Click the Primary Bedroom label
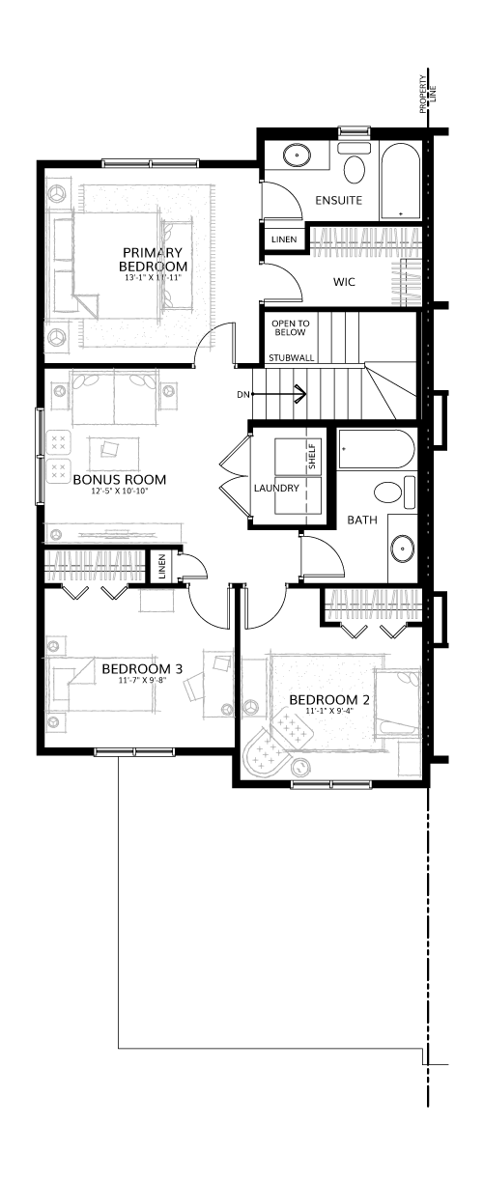[153, 259]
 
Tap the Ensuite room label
[338, 201]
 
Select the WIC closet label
[344, 282]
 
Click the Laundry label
[276, 488]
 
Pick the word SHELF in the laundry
[311, 457]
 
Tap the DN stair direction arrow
[280, 394]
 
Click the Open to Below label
[291, 327]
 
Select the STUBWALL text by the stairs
[292, 357]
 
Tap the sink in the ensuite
[297, 155]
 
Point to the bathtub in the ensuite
[401, 181]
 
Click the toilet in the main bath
[394, 492]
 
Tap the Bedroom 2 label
[329, 700]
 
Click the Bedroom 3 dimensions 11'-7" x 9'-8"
[143, 680]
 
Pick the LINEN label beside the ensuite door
[284, 239]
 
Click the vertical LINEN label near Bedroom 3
[162, 567]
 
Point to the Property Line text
[425, 95]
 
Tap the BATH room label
[362, 520]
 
